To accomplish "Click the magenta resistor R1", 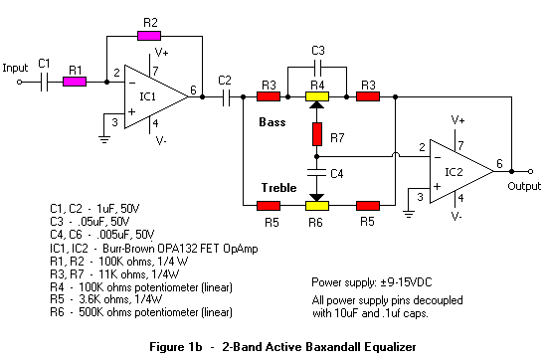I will [75, 83].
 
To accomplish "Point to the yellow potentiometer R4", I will [316, 97].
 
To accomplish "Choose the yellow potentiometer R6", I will [316, 205].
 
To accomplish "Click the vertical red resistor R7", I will [316, 132].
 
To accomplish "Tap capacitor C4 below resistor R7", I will [316, 170].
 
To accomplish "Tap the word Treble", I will [279, 186].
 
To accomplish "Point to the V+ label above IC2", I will [458, 119].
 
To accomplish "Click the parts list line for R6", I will [140, 313].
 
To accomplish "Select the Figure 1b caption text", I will [273, 347].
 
